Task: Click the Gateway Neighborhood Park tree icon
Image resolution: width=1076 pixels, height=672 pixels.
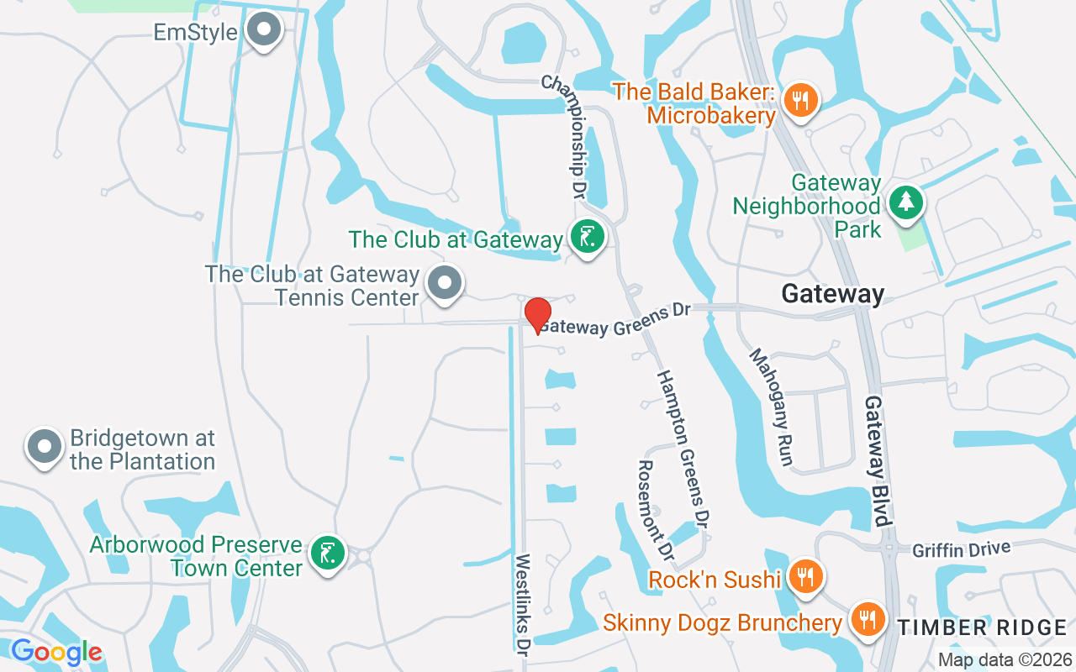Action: (906, 202)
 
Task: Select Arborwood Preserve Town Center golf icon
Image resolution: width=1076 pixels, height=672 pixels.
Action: (326, 554)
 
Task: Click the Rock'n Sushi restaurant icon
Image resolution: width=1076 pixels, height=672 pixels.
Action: (805, 577)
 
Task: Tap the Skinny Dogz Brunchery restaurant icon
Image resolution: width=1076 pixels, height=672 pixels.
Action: (866, 621)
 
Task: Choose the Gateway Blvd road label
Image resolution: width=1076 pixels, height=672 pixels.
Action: (878, 460)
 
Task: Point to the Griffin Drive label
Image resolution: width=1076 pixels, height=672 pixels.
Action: (961, 549)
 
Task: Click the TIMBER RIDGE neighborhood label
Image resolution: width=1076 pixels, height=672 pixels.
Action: (981, 627)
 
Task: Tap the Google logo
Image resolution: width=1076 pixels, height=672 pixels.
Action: (56, 652)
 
